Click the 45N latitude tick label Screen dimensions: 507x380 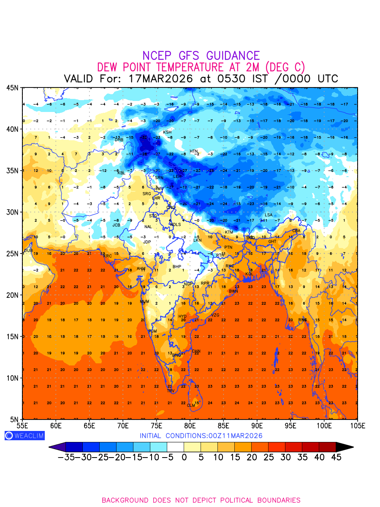click(x=12, y=87)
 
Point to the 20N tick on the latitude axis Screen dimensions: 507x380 click(x=12, y=295)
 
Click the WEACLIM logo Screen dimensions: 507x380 click(x=24, y=436)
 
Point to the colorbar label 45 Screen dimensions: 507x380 click(x=336, y=457)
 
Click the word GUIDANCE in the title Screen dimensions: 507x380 click(x=233, y=56)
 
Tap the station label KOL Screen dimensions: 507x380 click(x=250, y=274)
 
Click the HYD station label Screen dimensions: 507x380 click(x=182, y=316)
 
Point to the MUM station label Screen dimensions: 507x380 click(x=144, y=302)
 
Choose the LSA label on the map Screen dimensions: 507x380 click(x=269, y=215)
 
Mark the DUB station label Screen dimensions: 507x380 click(x=28, y=251)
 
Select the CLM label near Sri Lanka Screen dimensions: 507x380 click(x=191, y=406)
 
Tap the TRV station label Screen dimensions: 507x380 click(x=171, y=391)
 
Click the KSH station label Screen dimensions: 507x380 click(x=167, y=132)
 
